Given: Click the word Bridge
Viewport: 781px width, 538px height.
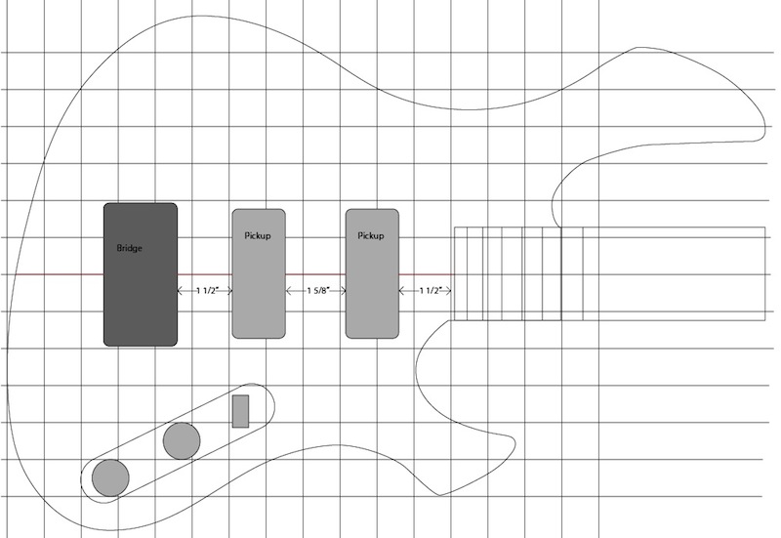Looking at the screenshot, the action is point(130,248).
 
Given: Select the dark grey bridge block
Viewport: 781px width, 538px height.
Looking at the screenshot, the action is point(141,274).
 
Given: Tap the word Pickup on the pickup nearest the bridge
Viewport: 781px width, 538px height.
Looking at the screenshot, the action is point(258,235).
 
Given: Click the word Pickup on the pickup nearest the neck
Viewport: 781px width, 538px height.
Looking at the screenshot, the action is point(371,235).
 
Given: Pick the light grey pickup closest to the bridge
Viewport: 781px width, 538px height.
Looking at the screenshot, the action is point(259,274).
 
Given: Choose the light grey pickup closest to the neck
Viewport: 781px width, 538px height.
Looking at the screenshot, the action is point(372,274).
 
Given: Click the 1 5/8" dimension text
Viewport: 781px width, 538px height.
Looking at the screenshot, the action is point(318,291).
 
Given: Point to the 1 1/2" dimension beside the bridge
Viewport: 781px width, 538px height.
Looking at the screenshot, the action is point(207,291).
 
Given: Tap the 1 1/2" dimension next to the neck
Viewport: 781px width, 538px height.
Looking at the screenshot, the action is point(431,291).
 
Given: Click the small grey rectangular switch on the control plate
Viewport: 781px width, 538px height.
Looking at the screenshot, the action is point(240,411).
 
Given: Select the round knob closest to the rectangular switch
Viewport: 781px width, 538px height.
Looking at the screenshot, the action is point(182,441).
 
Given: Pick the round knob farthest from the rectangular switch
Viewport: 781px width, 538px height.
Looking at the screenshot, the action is point(110,478).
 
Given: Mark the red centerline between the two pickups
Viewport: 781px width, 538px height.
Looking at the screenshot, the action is point(315,274).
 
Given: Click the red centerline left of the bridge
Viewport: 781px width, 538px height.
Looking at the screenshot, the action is point(60,274).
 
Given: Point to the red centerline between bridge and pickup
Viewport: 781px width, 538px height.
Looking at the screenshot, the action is point(205,274).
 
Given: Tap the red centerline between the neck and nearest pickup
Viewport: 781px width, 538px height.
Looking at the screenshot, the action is point(427,274).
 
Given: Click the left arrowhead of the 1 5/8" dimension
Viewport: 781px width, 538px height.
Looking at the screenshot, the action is point(288,291).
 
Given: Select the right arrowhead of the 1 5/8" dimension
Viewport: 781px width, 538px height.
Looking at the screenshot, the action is point(344,291).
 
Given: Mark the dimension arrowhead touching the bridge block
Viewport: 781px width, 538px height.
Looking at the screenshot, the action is point(181,291).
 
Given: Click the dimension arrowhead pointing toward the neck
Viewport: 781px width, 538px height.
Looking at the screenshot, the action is point(448,291).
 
